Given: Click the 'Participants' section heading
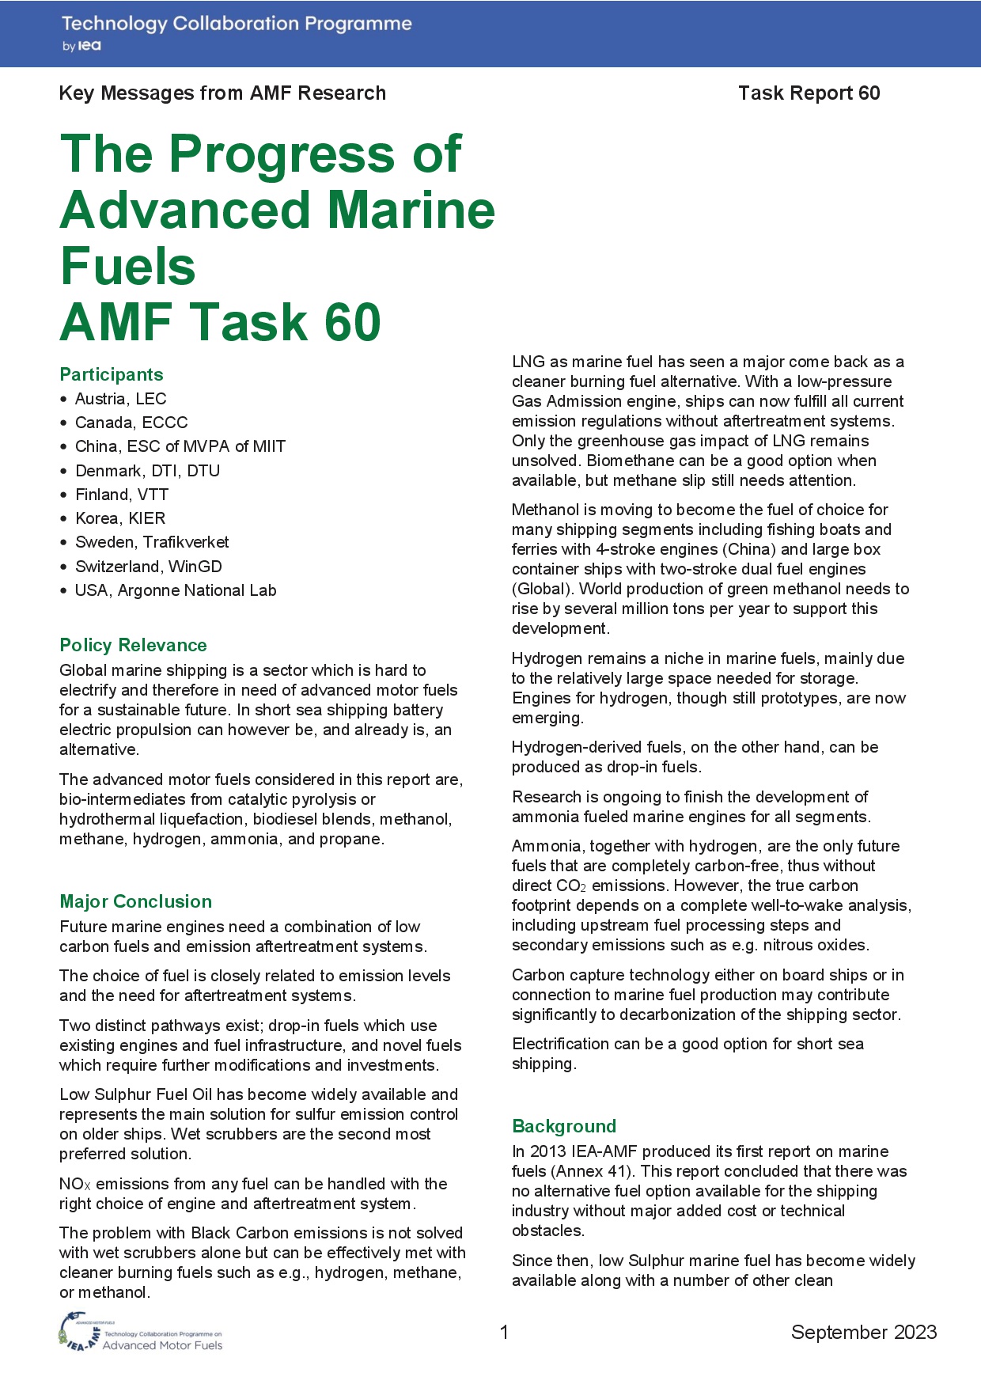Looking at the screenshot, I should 112,374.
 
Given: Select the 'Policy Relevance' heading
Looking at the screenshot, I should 133,645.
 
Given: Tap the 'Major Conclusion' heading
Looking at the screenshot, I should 135,901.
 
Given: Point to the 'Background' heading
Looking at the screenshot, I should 563,1126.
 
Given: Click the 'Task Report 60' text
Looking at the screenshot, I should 809,93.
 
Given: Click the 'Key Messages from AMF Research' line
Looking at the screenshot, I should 222,93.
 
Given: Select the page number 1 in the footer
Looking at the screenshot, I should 504,1333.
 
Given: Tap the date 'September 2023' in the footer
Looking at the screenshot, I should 863,1333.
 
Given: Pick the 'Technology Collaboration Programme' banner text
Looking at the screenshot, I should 237,24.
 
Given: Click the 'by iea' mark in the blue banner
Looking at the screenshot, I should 81,47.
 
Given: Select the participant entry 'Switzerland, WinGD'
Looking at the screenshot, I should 148,567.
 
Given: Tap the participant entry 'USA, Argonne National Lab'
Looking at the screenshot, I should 176,590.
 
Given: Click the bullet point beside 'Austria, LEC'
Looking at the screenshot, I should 64,399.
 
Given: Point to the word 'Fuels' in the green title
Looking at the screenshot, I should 128,266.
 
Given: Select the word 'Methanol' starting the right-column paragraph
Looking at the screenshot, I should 544,510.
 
